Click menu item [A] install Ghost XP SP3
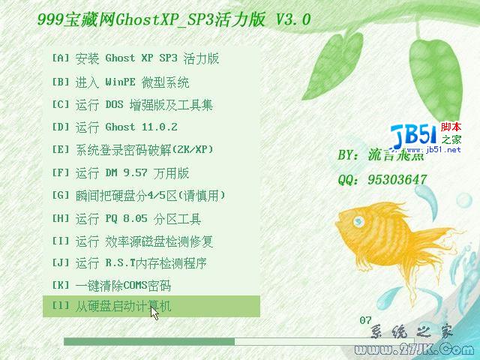tap(135, 58)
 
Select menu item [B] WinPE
tap(120, 82)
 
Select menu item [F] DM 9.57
tap(120, 172)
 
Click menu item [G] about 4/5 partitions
tap(138, 195)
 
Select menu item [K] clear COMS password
tap(112, 286)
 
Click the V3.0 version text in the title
tap(292, 19)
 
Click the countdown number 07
tap(366, 320)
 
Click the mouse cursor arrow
tap(154, 311)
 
